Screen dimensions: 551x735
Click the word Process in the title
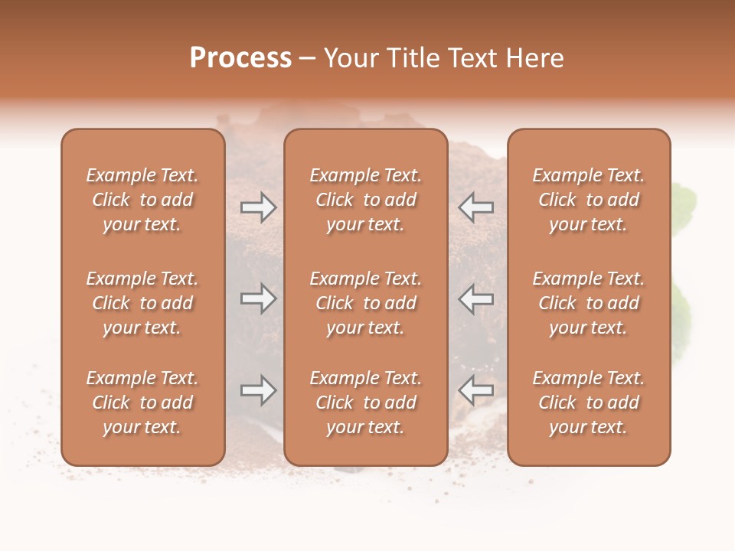tap(240, 58)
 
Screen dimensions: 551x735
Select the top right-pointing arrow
tap(258, 207)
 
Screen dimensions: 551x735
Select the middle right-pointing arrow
tap(258, 298)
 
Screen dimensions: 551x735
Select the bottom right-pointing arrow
tap(258, 391)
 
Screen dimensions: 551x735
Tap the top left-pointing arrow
tap(475, 207)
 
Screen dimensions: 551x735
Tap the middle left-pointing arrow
tap(475, 298)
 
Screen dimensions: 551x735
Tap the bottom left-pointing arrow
tap(475, 391)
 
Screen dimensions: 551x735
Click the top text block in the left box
tap(142, 200)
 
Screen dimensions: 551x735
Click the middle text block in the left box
tap(142, 303)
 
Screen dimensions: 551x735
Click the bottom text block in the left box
tap(142, 403)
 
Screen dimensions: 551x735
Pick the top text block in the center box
tap(365, 200)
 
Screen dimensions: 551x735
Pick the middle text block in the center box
tap(365, 303)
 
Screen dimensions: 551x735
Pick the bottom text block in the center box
tap(365, 403)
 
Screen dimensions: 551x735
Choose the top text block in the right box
tap(588, 200)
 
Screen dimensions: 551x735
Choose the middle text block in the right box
tap(588, 303)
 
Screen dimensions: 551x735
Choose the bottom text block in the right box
tap(588, 403)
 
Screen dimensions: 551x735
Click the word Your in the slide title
tap(351, 58)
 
